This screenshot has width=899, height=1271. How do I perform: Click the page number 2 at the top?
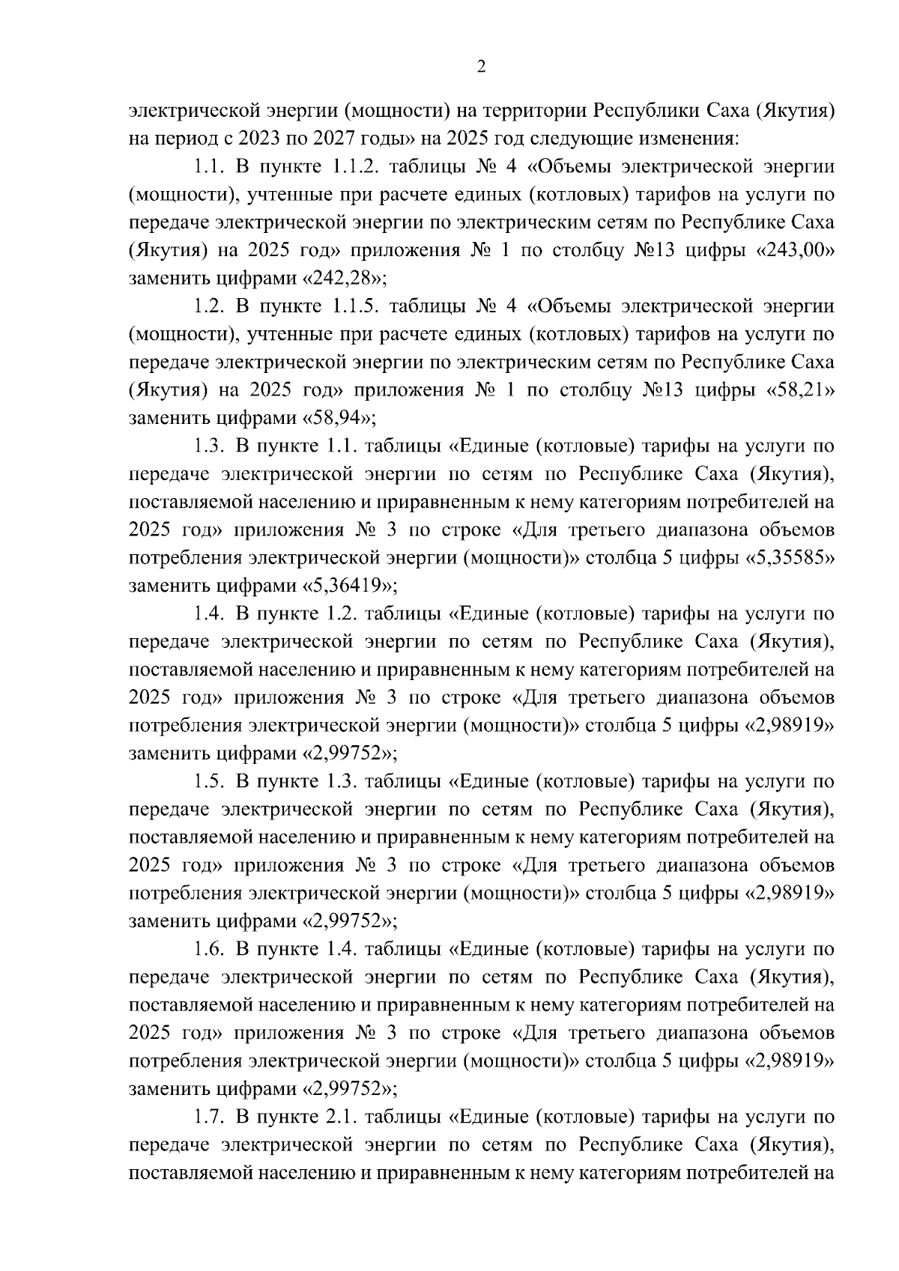(481, 67)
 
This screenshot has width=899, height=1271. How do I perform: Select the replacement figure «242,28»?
(344, 279)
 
